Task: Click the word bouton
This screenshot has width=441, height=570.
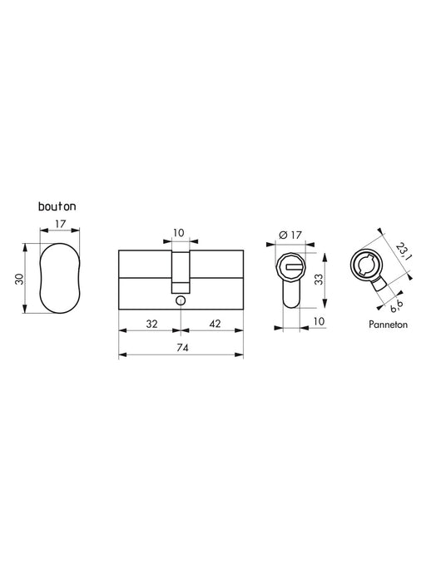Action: [57, 206]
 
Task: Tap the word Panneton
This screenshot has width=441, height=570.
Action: [388, 325]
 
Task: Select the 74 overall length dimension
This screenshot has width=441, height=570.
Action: [182, 348]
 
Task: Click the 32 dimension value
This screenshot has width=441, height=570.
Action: [151, 324]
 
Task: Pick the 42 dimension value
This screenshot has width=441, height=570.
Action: [215, 324]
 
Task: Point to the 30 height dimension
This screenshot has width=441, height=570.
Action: [19, 279]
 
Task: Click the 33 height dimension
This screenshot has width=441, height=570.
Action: [319, 279]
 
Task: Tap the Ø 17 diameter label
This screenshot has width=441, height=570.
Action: [290, 235]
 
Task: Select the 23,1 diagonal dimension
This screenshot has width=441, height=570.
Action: [404, 251]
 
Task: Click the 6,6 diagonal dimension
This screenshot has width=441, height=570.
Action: [396, 307]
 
